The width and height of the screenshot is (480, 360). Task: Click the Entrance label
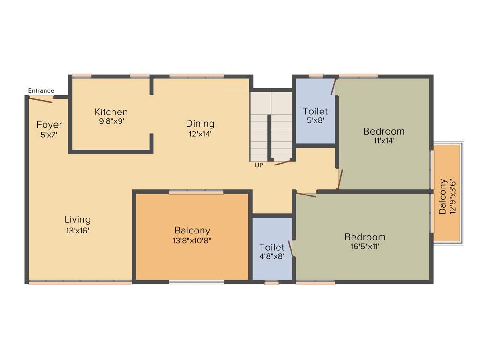[41, 91]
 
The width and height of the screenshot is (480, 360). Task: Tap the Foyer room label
[49, 125]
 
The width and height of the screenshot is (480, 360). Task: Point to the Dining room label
[200, 124]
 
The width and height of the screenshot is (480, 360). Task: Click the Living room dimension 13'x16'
[78, 230]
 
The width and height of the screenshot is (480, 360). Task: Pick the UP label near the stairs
[259, 165]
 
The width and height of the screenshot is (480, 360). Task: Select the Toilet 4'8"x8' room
[272, 248]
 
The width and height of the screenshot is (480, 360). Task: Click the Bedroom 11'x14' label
[383, 131]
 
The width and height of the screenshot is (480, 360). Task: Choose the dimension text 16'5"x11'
[365, 246]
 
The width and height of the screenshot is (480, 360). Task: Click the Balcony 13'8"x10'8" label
[192, 231]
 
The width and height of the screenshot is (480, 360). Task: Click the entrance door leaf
[41, 99]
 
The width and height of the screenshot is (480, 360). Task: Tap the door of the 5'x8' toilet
[334, 87]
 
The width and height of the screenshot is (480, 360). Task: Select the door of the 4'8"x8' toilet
[291, 249]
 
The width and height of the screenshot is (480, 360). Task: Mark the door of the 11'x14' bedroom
[340, 180]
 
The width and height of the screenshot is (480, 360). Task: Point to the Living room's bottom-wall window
[80, 282]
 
